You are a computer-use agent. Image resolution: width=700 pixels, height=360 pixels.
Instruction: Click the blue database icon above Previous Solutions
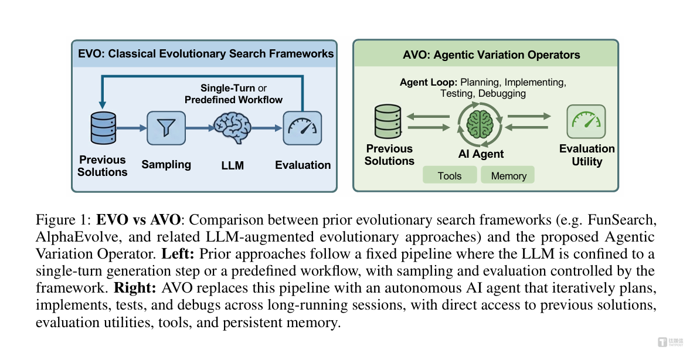tap(103, 127)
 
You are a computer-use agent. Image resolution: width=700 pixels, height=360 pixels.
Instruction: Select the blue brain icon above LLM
tap(232, 127)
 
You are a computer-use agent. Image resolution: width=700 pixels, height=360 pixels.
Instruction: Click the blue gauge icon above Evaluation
tap(303, 127)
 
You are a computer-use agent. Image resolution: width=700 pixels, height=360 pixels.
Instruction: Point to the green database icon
tap(388, 122)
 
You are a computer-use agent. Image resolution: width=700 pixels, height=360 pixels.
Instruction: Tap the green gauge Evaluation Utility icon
tap(586, 121)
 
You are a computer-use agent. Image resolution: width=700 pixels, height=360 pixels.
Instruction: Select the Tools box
tap(450, 175)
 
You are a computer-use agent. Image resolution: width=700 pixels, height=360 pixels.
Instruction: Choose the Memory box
tap(508, 175)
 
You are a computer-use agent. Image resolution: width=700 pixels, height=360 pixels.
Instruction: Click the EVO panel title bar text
tap(206, 54)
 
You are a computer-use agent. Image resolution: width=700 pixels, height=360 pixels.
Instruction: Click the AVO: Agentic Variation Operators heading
tap(491, 55)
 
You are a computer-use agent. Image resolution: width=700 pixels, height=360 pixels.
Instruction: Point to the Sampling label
tap(166, 164)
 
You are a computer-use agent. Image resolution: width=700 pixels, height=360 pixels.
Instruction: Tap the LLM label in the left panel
tap(233, 165)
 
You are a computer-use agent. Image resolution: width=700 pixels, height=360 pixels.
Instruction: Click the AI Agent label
tap(481, 155)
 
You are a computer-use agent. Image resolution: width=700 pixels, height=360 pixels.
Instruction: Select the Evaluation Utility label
tap(587, 155)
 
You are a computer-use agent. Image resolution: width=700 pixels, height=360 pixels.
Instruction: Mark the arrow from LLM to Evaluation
tap(268, 127)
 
